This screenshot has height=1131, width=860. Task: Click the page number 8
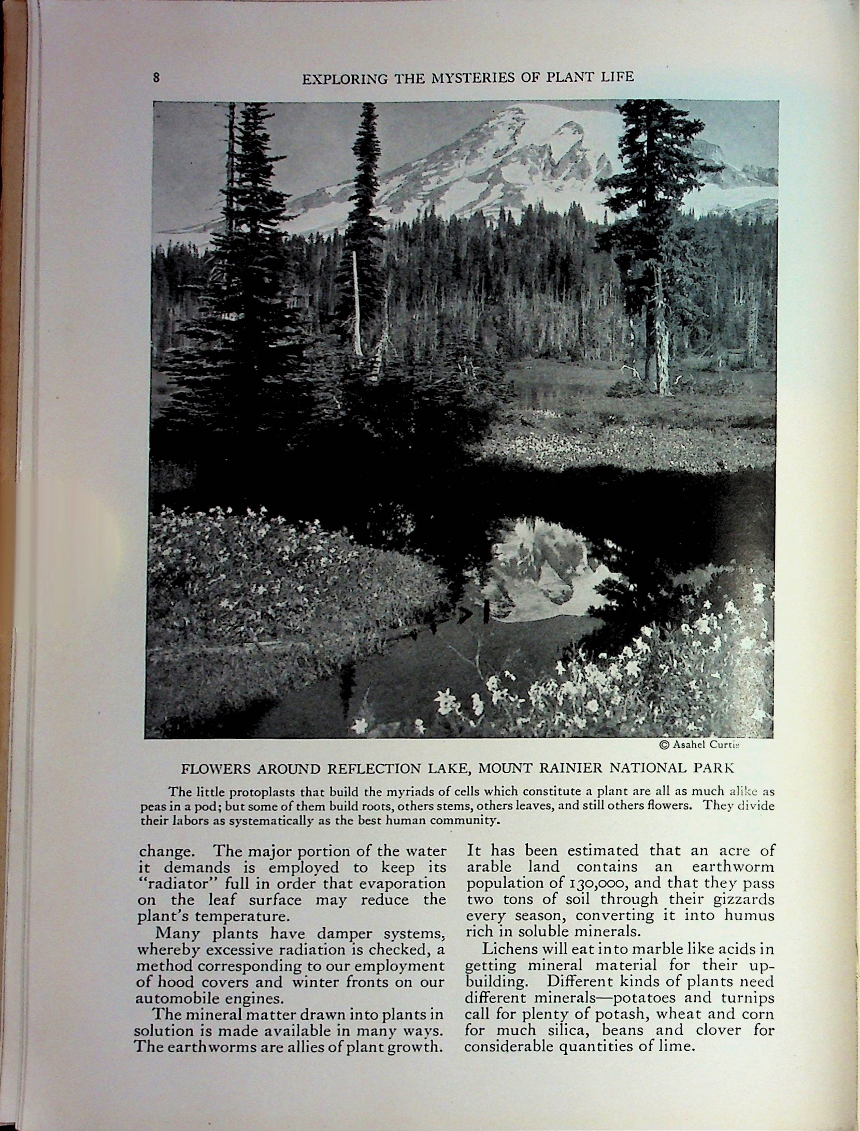click(156, 78)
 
